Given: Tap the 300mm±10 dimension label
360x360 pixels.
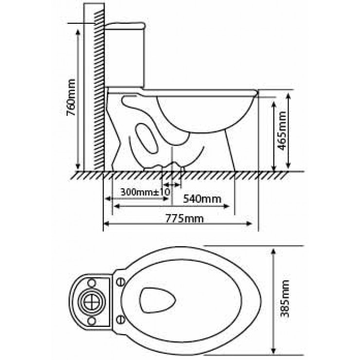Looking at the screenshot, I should coord(145,192).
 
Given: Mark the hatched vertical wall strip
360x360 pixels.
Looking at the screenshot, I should coord(99,88).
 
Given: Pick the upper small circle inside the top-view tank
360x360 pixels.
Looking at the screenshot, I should coord(91,282).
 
